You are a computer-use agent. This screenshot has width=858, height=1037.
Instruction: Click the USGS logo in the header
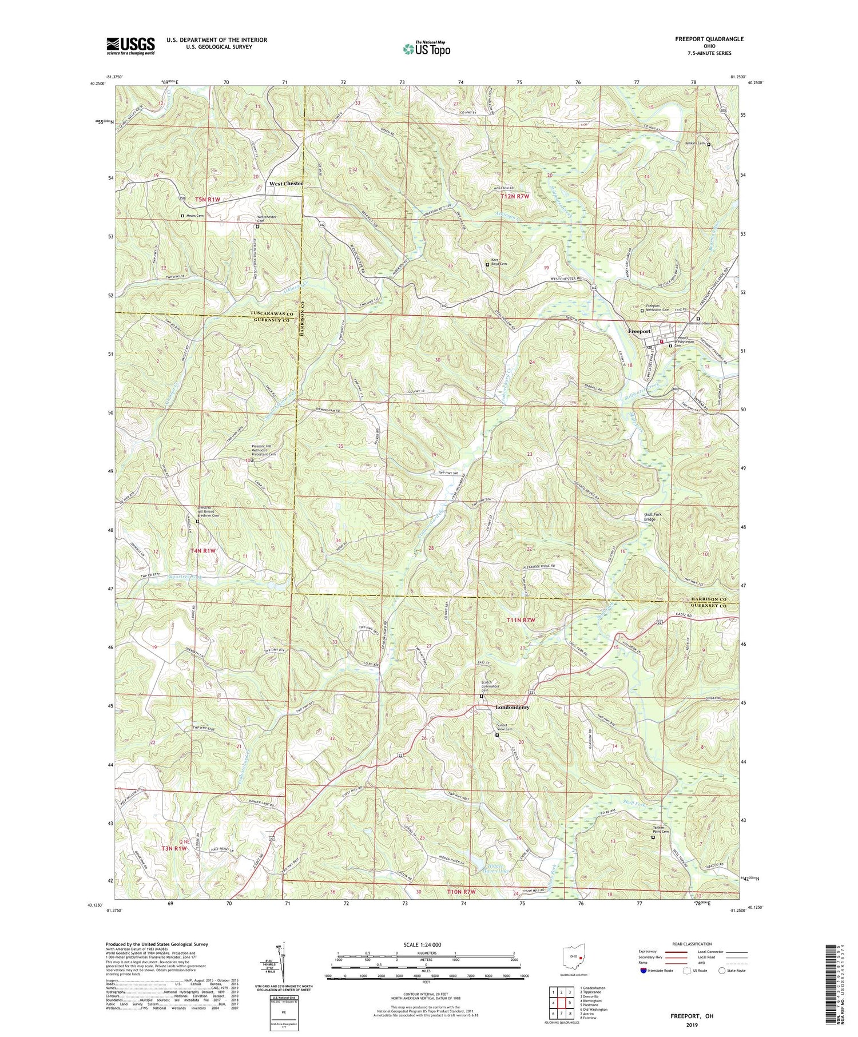[x=130, y=46]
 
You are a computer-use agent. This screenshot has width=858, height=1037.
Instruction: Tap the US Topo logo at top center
[x=426, y=49]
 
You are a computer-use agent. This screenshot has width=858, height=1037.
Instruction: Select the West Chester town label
[x=285, y=184]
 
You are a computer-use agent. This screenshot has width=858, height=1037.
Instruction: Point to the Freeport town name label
[x=639, y=331]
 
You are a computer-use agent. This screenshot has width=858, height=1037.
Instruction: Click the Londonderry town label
[x=512, y=707]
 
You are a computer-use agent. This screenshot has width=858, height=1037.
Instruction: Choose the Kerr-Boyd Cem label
[x=499, y=264]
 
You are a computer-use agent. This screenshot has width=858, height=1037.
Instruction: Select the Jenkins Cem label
[x=694, y=144]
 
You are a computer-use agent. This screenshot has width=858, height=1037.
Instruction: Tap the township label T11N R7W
[x=524, y=620]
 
